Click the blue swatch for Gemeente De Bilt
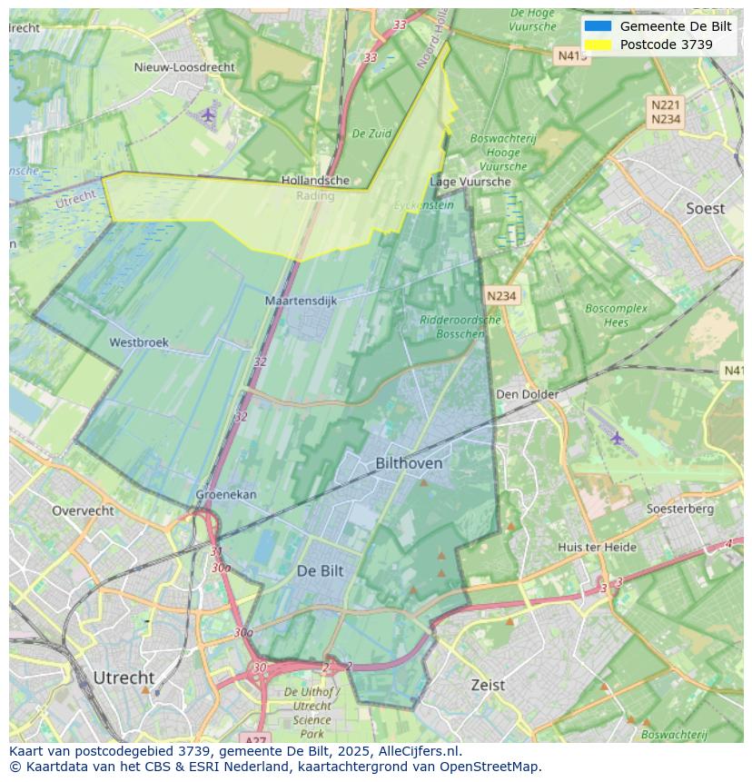pyautogui.click(x=598, y=26)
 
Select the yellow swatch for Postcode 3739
pyautogui.click(x=598, y=45)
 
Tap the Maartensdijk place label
pyautogui.click(x=301, y=300)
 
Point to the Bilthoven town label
pyautogui.click(x=409, y=463)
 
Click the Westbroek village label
pyautogui.click(x=139, y=342)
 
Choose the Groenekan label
pyautogui.click(x=226, y=495)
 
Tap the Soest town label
pyautogui.click(x=705, y=209)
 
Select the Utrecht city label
pyautogui.click(x=124, y=678)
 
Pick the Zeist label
pyautogui.click(x=488, y=685)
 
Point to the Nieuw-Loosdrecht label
pyautogui.click(x=184, y=67)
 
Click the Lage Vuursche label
pyautogui.click(x=470, y=182)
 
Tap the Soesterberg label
pyautogui.click(x=679, y=509)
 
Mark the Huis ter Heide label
pyautogui.click(x=597, y=547)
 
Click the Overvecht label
pyautogui.click(x=83, y=510)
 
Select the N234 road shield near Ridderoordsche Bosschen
pyautogui.click(x=501, y=296)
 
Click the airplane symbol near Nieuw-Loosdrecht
pyautogui.click(x=209, y=114)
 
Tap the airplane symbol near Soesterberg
pyautogui.click(x=618, y=439)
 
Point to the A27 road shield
pyautogui.click(x=258, y=739)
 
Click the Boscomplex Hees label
pyautogui.click(x=616, y=315)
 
